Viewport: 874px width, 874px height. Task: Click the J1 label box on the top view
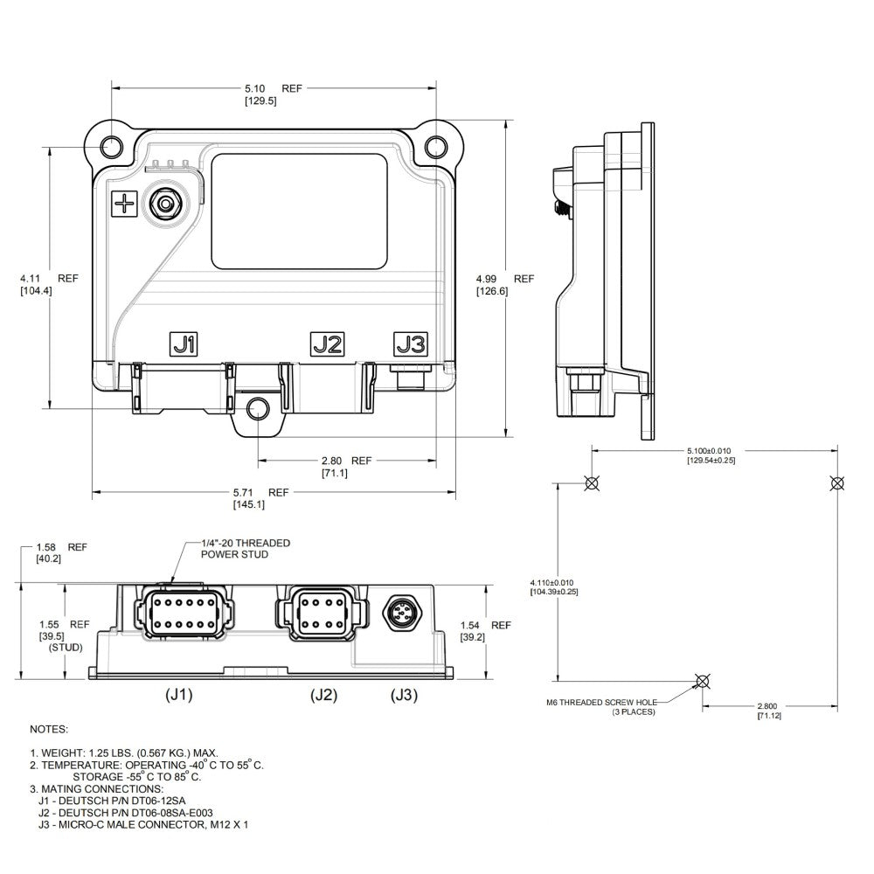pyautogui.click(x=183, y=344)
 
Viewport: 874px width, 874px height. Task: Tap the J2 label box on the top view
pyautogui.click(x=328, y=344)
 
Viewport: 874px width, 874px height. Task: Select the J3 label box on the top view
pyautogui.click(x=411, y=344)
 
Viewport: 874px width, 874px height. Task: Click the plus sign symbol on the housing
pyautogui.click(x=124, y=205)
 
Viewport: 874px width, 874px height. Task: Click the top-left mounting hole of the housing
pyautogui.click(x=110, y=146)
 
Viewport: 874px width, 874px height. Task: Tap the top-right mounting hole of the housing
pyautogui.click(x=435, y=146)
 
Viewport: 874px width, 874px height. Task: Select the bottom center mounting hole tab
pyautogui.click(x=258, y=409)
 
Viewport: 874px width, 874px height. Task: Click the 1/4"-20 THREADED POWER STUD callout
pyautogui.click(x=245, y=549)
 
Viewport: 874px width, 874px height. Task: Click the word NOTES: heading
pyautogui.click(x=49, y=728)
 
